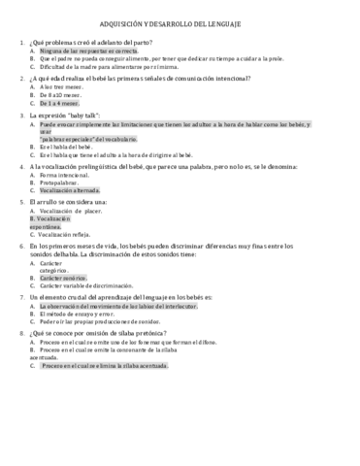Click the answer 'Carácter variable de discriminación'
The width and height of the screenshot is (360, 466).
[x=91, y=286]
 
